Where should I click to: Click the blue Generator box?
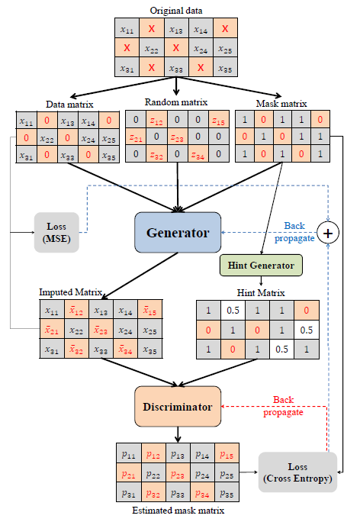point(178,233)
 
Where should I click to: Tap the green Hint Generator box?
point(261,265)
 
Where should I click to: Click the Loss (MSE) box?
point(56,230)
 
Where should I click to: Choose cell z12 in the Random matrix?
point(156,121)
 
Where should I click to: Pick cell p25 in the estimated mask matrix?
point(226,474)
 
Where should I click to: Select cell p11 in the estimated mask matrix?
point(128,455)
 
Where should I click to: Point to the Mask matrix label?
point(282,103)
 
